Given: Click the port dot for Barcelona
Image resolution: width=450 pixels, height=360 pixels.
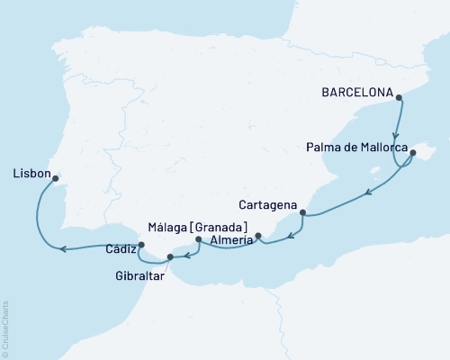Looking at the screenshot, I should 399,99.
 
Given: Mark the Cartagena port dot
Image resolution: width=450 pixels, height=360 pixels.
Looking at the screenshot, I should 302,213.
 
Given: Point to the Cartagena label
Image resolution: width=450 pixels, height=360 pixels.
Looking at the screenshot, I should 269,203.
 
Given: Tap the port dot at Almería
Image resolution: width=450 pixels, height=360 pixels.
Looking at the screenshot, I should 258,237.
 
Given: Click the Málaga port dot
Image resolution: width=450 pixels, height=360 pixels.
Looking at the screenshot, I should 198,240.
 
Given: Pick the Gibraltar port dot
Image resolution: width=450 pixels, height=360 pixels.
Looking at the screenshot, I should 170,257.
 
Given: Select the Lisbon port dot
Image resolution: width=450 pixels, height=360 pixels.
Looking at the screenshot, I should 57,177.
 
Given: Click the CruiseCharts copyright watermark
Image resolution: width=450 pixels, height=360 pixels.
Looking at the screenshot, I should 5,329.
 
